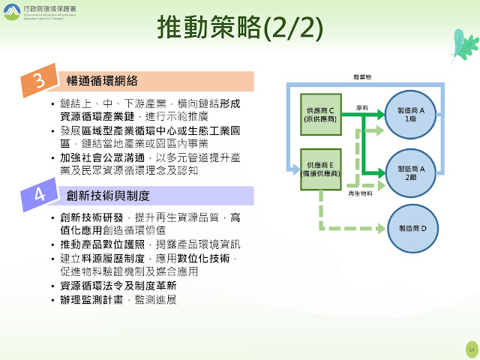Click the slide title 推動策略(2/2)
(x=240, y=28)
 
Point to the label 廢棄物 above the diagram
(x=362, y=77)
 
